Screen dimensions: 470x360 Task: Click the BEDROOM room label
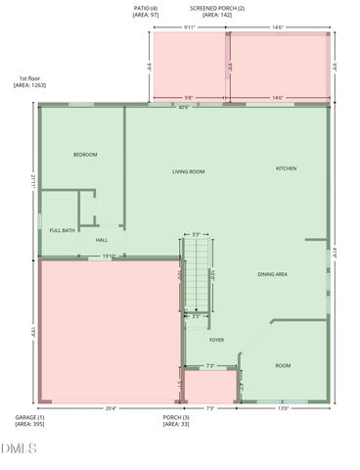pyautogui.click(x=85, y=155)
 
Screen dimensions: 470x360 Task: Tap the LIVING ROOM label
pyautogui.click(x=188, y=171)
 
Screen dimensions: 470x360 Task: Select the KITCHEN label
pyautogui.click(x=286, y=168)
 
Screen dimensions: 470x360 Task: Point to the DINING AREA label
pyautogui.click(x=272, y=274)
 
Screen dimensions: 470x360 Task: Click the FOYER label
pyautogui.click(x=216, y=340)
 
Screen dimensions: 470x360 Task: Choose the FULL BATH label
pyautogui.click(x=63, y=230)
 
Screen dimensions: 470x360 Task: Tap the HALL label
pyautogui.click(x=101, y=239)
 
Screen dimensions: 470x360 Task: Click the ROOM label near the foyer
pyautogui.click(x=283, y=365)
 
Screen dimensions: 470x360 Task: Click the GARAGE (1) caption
pyautogui.click(x=29, y=421)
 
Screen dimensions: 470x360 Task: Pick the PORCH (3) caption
pyautogui.click(x=176, y=421)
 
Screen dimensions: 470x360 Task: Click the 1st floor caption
pyautogui.click(x=29, y=82)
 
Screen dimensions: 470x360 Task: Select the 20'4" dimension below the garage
pyautogui.click(x=110, y=409)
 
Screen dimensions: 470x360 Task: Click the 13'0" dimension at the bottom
pyautogui.click(x=284, y=409)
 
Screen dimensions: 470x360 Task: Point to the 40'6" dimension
pyautogui.click(x=183, y=107)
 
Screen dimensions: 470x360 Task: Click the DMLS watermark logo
pyautogui.click(x=19, y=448)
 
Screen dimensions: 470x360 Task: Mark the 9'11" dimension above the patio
pyautogui.click(x=190, y=27)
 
